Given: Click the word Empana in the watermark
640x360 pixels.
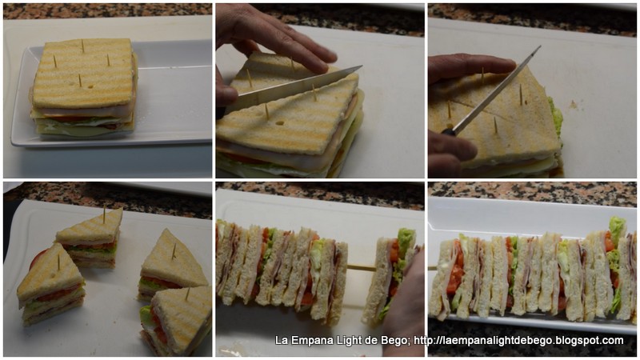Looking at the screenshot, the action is click(x=307, y=341).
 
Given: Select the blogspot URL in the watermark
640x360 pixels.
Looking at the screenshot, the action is click(x=518, y=341).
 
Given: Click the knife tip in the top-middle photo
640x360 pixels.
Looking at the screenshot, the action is click(x=362, y=66).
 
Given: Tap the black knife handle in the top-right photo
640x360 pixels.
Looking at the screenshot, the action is click(x=448, y=132).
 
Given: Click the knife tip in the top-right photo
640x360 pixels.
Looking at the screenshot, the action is click(x=540, y=46).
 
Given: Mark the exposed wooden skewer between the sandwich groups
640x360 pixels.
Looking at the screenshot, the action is click(x=361, y=268).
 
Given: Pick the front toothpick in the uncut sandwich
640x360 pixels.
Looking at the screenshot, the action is click(x=80, y=80).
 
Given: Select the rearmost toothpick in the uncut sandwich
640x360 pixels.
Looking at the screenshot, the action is click(x=82, y=46).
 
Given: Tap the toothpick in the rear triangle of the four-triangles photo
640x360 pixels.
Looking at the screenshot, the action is click(x=104, y=214).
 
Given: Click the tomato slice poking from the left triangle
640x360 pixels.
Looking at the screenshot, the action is click(x=37, y=258).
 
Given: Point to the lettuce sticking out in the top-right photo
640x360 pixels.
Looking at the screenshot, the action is click(x=556, y=117).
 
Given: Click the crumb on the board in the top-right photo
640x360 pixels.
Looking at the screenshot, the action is click(x=573, y=106).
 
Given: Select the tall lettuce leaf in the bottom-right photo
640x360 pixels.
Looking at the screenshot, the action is click(x=616, y=230).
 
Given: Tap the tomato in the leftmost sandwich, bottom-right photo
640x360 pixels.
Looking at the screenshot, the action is click(x=454, y=270).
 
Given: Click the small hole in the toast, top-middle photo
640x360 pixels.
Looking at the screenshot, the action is click(x=279, y=122).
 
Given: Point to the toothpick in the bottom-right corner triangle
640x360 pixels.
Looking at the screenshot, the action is click(x=188, y=294).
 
